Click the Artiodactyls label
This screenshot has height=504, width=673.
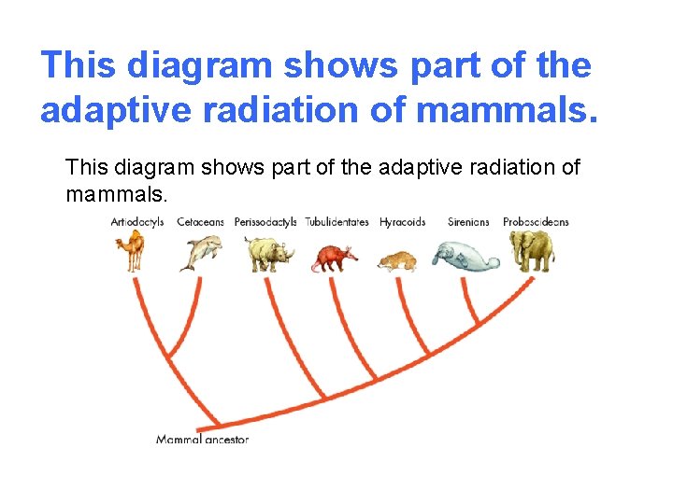click(x=137, y=222)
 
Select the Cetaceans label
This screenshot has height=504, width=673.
click(x=200, y=222)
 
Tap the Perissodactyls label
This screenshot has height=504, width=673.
click(x=265, y=222)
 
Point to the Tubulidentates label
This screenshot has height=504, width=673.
click(x=336, y=222)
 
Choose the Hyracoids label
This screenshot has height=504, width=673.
click(x=402, y=222)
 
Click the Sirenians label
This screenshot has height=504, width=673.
click(x=468, y=222)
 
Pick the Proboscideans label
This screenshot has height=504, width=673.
click(x=536, y=222)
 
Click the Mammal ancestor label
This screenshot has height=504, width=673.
click(x=202, y=439)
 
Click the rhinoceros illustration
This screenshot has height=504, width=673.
click(x=268, y=253)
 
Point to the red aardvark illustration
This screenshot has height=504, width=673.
click(x=335, y=258)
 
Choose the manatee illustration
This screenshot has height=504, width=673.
click(x=465, y=257)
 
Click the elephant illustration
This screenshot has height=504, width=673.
click(x=531, y=250)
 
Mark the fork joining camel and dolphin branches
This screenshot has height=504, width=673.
click(x=168, y=358)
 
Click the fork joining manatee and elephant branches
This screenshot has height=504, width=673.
click(x=479, y=323)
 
